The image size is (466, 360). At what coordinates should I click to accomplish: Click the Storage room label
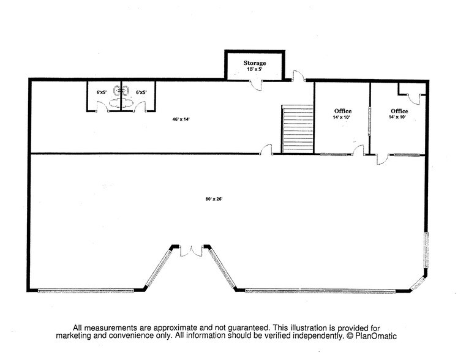click(x=254, y=63)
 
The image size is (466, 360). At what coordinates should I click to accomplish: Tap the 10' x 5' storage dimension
click(x=254, y=70)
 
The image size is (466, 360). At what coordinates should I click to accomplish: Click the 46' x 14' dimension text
click(x=181, y=119)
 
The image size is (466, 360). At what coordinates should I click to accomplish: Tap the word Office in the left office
click(x=343, y=111)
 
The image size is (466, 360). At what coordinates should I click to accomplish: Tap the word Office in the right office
click(x=400, y=111)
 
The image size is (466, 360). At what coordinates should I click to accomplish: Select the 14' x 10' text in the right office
click(x=400, y=117)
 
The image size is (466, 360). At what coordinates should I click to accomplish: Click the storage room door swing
click(x=257, y=84)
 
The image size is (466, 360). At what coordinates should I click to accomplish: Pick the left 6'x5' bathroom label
click(x=102, y=92)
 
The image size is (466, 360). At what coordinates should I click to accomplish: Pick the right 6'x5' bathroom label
click(x=141, y=92)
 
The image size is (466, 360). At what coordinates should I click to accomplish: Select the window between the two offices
click(x=370, y=121)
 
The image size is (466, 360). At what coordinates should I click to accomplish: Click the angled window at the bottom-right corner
click(x=417, y=283)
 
